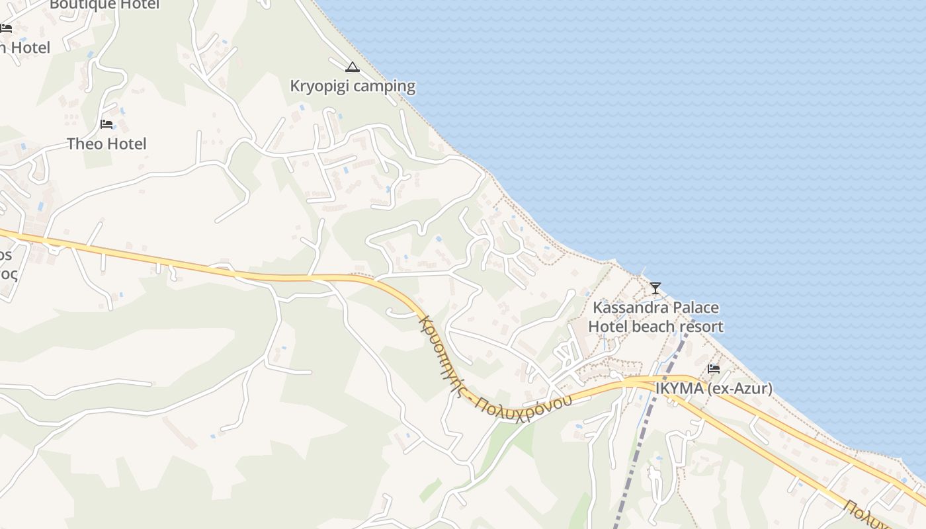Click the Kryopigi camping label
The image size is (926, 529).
pyautogui.click(x=353, y=86)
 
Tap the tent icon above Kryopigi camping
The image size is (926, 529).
pyautogui.click(x=352, y=67)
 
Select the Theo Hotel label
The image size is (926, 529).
pyautogui.click(x=106, y=144)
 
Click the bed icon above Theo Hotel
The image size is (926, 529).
pyautogui.click(x=106, y=124)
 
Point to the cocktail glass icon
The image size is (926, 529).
pyautogui.click(x=655, y=288)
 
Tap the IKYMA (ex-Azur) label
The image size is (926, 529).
pyautogui.click(x=714, y=389)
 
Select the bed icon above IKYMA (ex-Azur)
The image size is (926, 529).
pyautogui.click(x=714, y=368)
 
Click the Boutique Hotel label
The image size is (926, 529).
pyautogui.click(x=105, y=5)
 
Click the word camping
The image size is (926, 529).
pyautogui.click(x=384, y=86)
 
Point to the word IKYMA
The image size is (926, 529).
pyautogui.click(x=679, y=389)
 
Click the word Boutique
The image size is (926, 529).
pyautogui.click(x=76, y=5)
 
